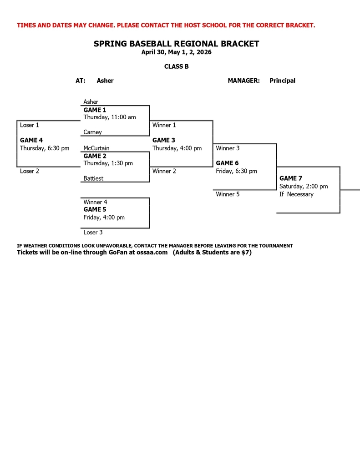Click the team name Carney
pyautogui.click(x=92, y=132)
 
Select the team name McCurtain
pyautogui.click(x=96, y=148)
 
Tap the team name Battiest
pyautogui.click(x=93, y=178)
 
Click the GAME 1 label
pyautogui.click(x=95, y=110)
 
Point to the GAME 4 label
pyautogui.click(x=31, y=140)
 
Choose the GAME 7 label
pyautogui.click(x=290, y=178)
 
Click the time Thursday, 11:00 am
pyautogui.click(x=109, y=117)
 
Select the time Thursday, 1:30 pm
pyautogui.click(x=108, y=163)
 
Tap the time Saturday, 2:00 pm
pyautogui.click(x=303, y=187)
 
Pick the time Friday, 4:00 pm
pyautogui.click(x=104, y=218)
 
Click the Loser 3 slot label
pyautogui.click(x=93, y=233)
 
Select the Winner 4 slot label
pyautogui.click(x=95, y=202)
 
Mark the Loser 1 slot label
pyautogui.click(x=30, y=125)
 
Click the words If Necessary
pyautogui.click(x=296, y=194)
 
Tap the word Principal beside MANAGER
pyautogui.click(x=282, y=81)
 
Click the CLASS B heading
pyautogui.click(x=177, y=66)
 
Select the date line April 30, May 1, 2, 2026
pyautogui.click(x=176, y=52)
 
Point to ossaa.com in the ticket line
pyautogui.click(x=152, y=252)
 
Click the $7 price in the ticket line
pyautogui.click(x=245, y=252)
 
